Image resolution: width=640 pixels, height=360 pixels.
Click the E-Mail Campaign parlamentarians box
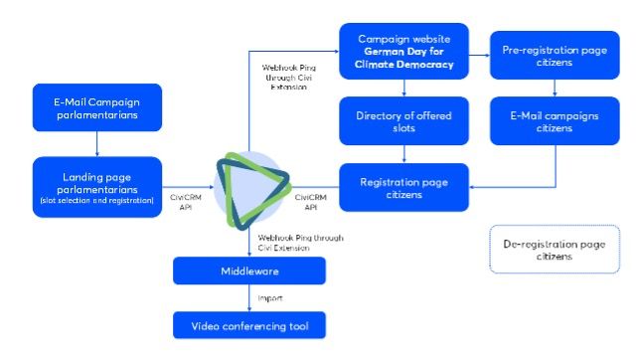coord(96,108)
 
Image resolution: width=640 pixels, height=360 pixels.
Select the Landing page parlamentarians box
coord(96,186)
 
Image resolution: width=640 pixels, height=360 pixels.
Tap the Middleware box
coord(248,270)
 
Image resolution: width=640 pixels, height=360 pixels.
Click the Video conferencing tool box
coord(248,324)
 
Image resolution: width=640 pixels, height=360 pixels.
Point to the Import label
coord(271,297)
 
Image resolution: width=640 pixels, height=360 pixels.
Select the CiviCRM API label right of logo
coord(309,203)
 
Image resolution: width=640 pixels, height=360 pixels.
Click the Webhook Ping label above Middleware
coord(295,243)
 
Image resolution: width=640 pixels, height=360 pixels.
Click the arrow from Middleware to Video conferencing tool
coord(248,297)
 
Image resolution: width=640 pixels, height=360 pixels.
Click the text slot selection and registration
coord(96,201)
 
